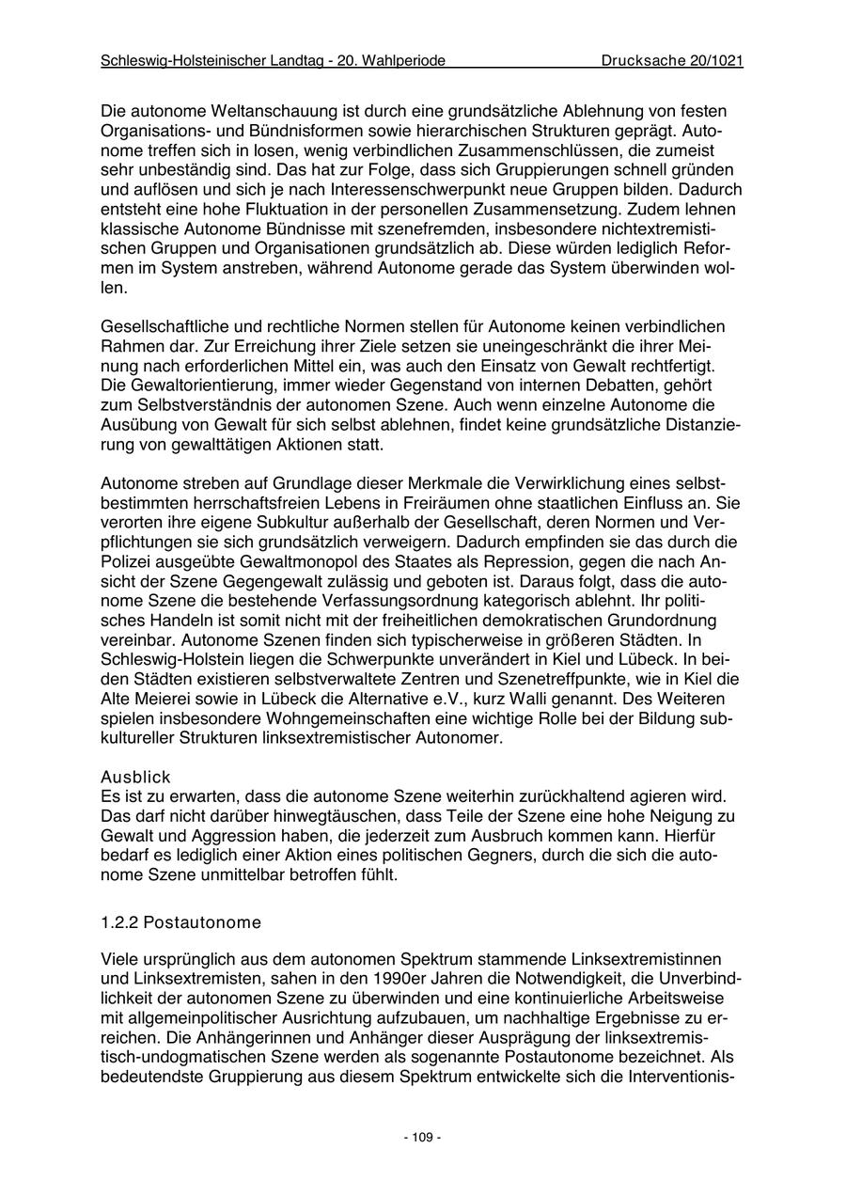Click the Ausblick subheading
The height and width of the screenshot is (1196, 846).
135,778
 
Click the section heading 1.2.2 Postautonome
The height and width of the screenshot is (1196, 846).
180,922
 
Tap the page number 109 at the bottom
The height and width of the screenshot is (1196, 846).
422,1138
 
